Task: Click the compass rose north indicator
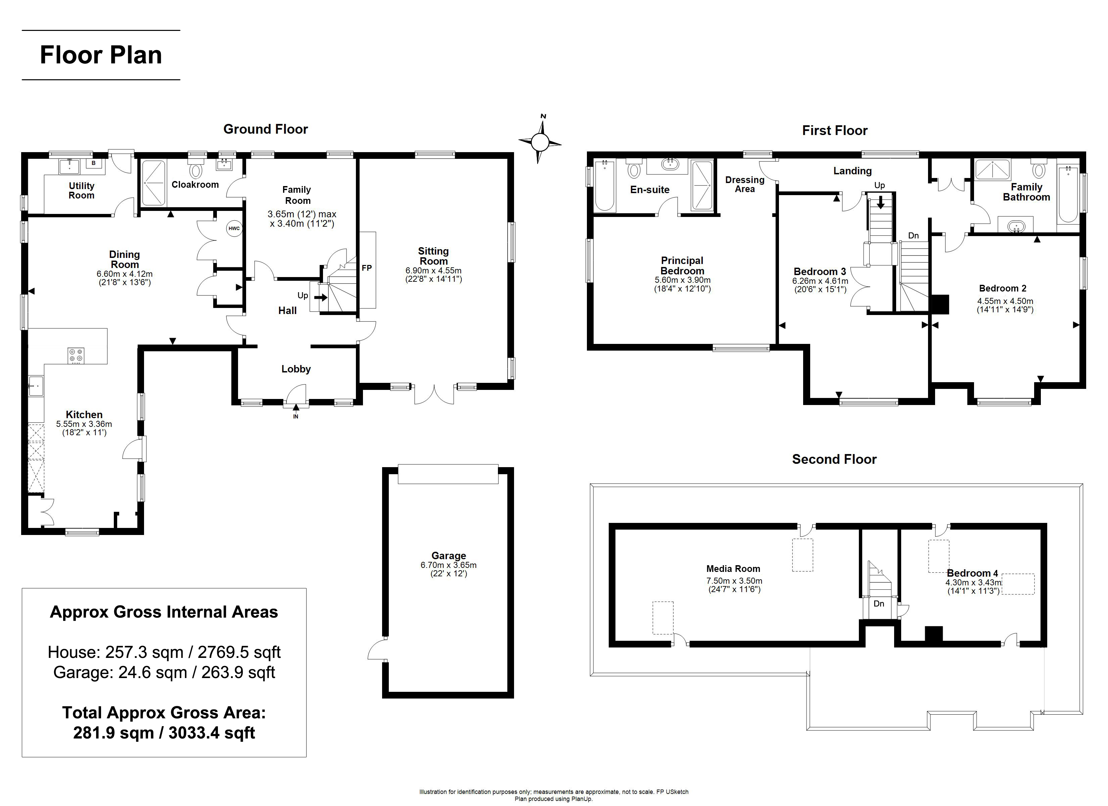pyautogui.click(x=543, y=116)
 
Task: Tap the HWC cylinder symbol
pyautogui.click(x=234, y=228)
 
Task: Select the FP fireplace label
pyautogui.click(x=367, y=268)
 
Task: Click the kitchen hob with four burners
pyautogui.click(x=76, y=355)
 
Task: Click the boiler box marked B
pyautogui.click(x=94, y=163)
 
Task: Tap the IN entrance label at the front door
pyautogui.click(x=295, y=416)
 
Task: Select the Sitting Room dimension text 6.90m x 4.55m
pyautogui.click(x=433, y=270)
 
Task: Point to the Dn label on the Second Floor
pyautogui.click(x=879, y=603)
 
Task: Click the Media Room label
pyautogui.click(x=733, y=569)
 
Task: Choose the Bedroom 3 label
pyautogui.click(x=820, y=271)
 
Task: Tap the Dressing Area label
pyautogui.click(x=744, y=184)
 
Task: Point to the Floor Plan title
pyautogui.click(x=101, y=55)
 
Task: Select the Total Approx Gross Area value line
pyautogui.click(x=164, y=733)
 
